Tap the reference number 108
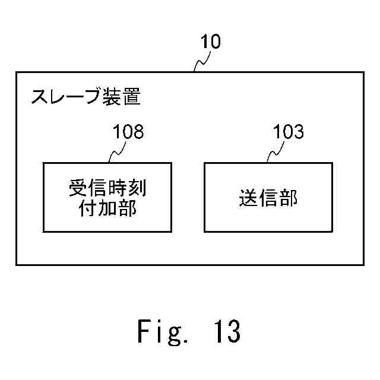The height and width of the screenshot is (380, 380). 128,131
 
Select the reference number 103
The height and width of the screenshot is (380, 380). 288,131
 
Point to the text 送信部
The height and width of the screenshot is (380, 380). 268,198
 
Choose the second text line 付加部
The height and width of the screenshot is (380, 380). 108,208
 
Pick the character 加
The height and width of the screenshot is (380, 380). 108,208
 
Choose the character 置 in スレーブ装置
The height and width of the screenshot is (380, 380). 132,96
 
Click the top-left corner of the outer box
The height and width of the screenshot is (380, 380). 16,72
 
